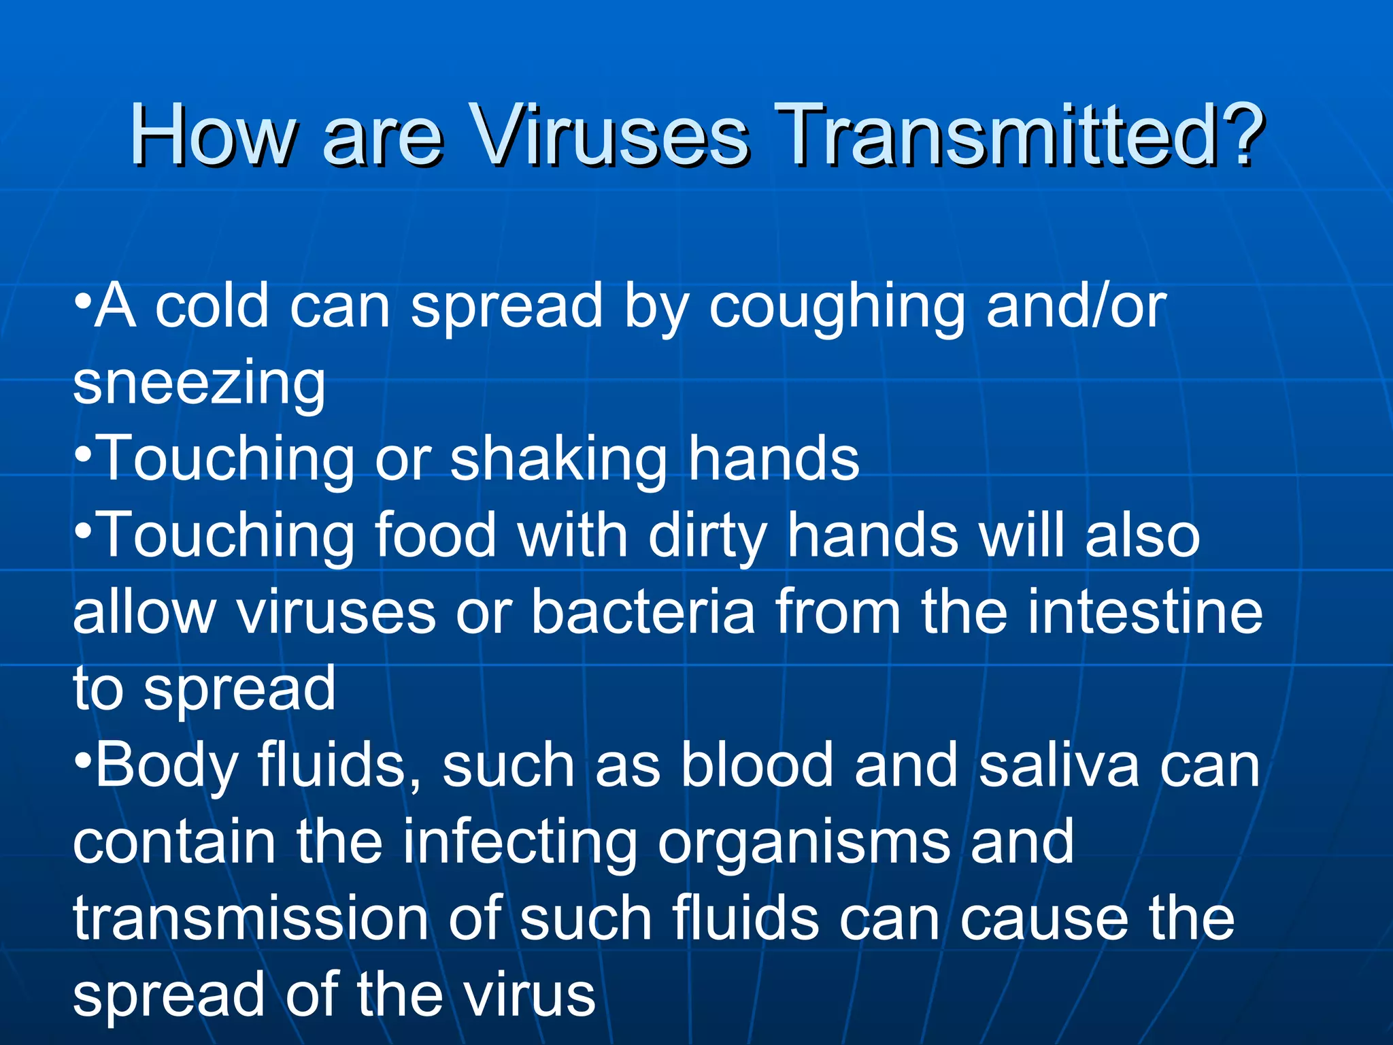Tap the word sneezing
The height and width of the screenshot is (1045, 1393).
199,384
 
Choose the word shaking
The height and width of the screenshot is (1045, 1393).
558,461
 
